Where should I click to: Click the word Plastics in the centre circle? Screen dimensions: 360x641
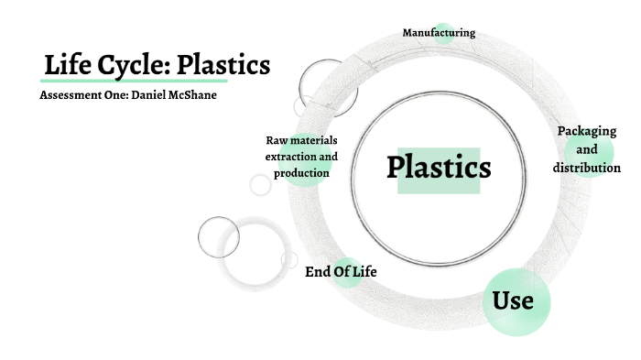pos(439,168)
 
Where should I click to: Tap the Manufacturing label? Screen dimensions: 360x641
pos(439,33)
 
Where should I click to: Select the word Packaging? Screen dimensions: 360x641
pos(587,131)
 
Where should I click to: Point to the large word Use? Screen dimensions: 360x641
pos(513,300)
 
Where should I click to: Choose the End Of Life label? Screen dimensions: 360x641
pos(341,272)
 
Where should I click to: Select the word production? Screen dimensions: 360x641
pos(301,173)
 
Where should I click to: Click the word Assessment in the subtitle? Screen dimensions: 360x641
pos(71,96)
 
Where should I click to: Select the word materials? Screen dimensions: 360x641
pos(314,140)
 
